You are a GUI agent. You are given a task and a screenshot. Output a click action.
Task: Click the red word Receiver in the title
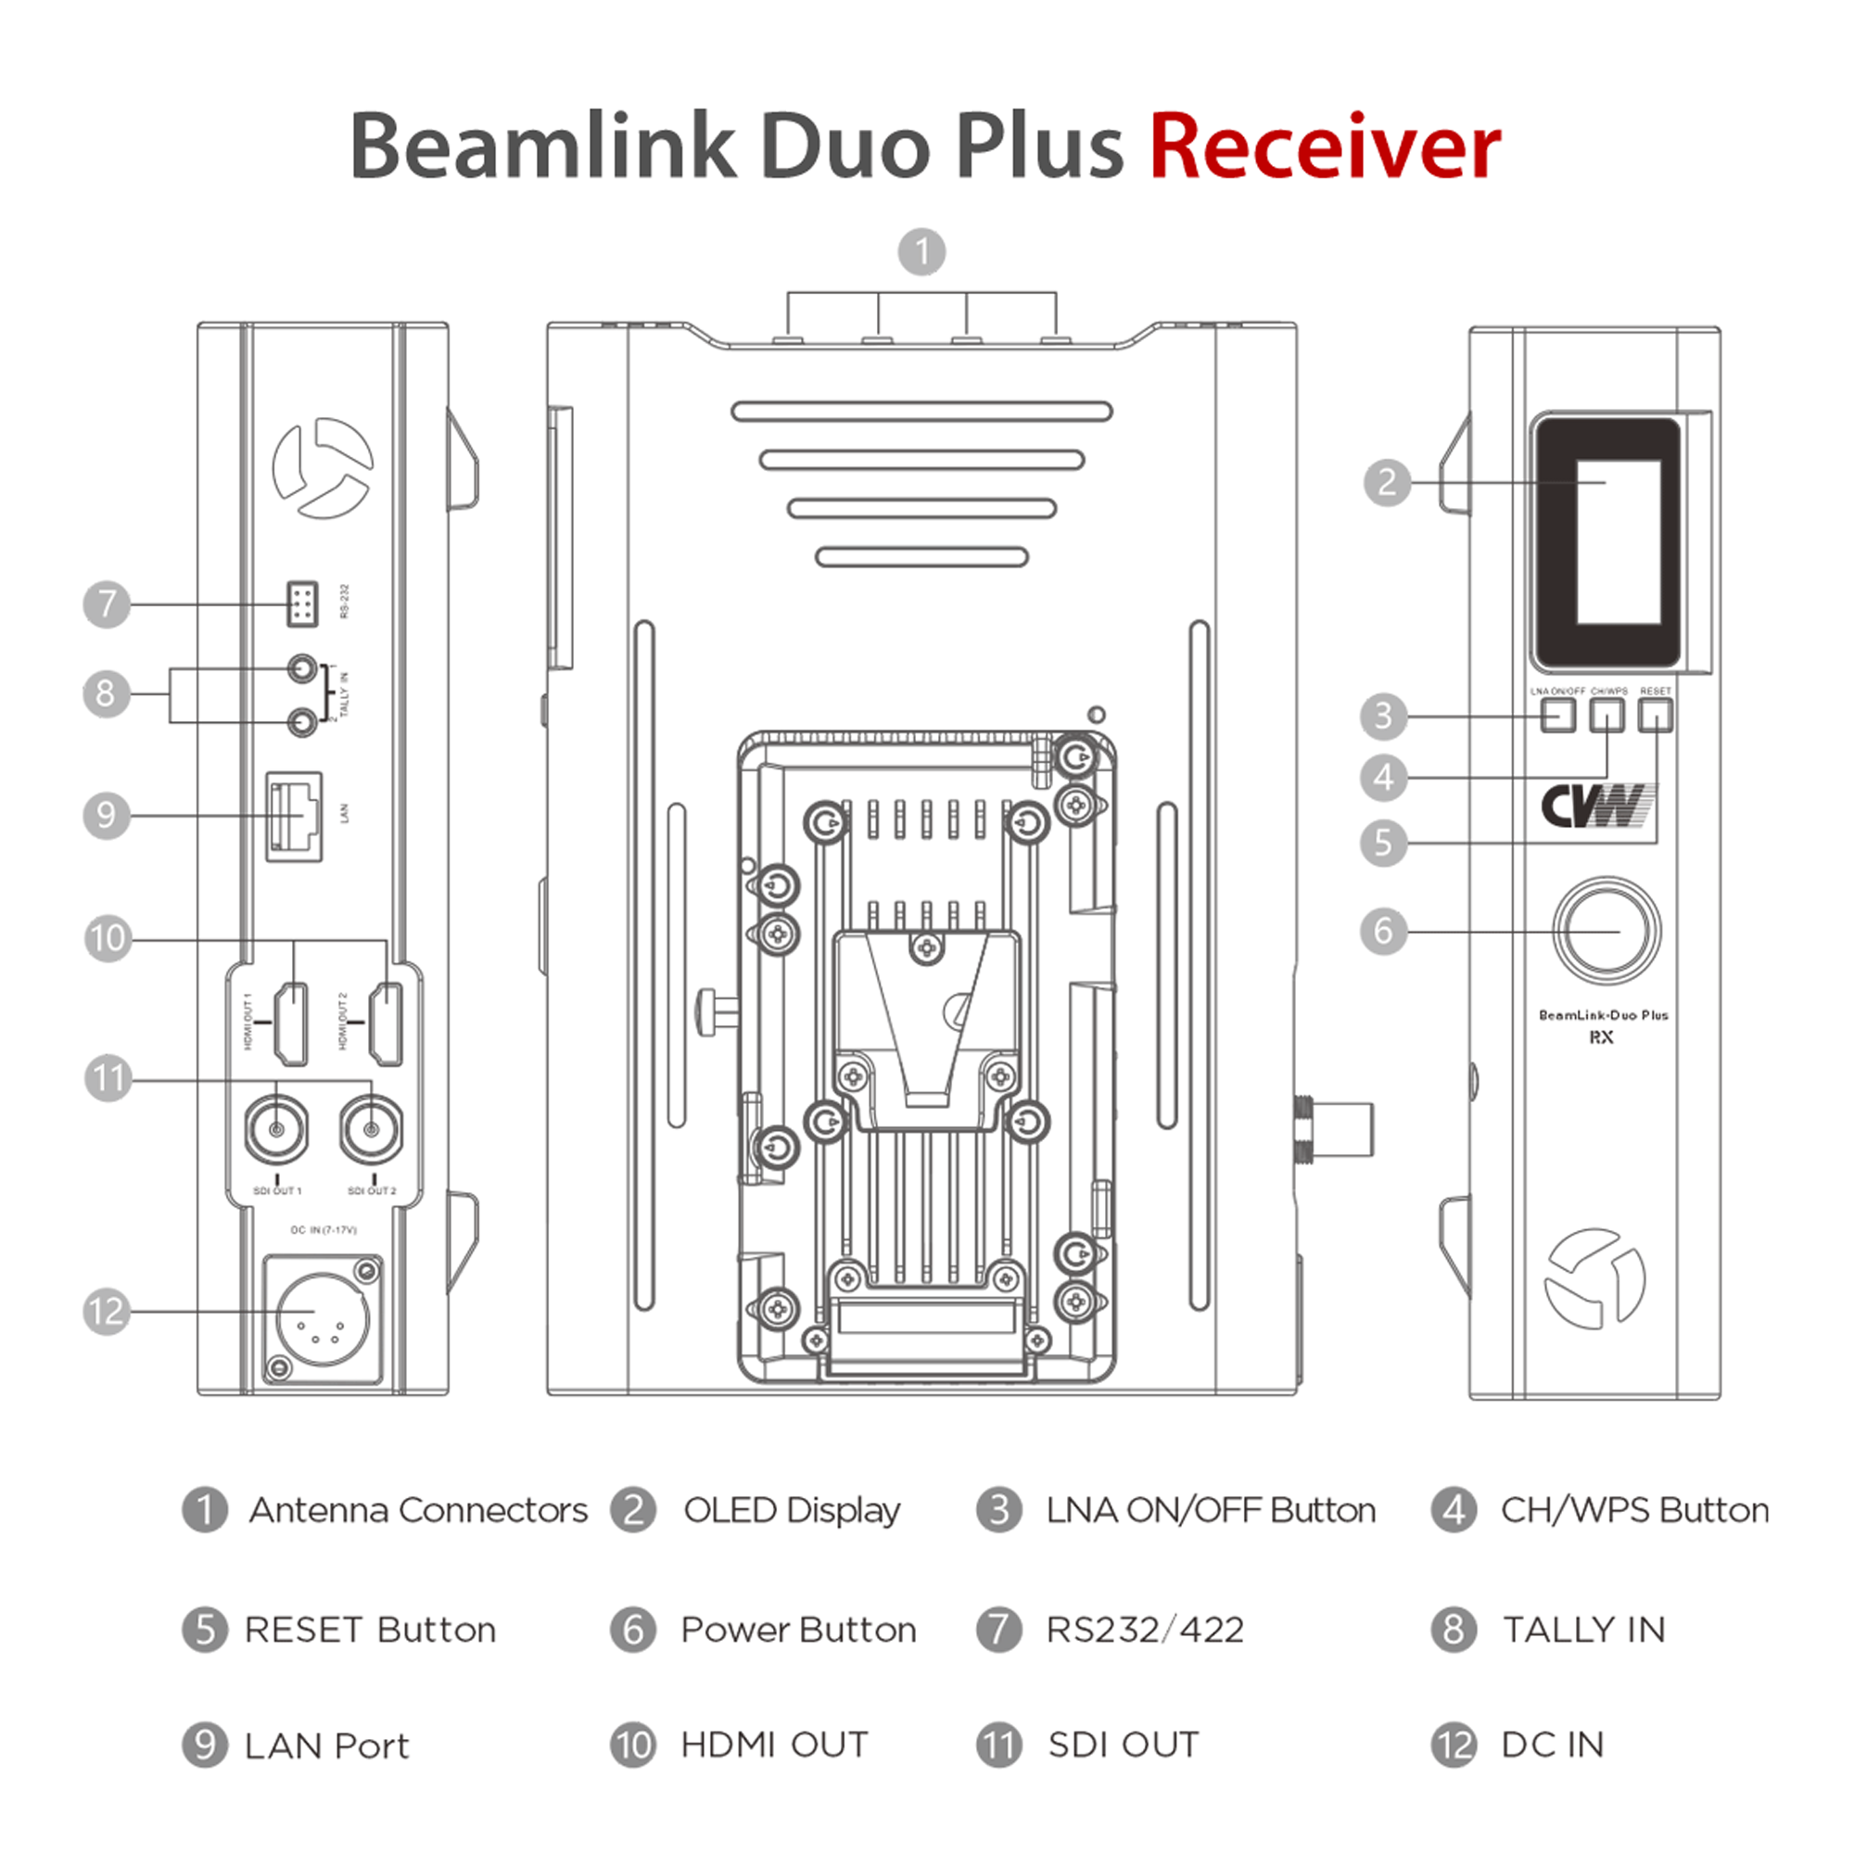click(x=1325, y=146)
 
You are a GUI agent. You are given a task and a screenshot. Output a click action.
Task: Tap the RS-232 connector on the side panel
click(x=301, y=603)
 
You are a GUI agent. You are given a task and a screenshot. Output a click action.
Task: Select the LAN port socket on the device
click(x=294, y=816)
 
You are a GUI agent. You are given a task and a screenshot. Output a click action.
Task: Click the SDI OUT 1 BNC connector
click(x=277, y=1130)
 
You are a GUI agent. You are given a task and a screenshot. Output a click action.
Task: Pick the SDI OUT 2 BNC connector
click(x=372, y=1130)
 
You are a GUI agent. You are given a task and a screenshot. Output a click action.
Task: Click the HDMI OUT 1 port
click(x=292, y=1024)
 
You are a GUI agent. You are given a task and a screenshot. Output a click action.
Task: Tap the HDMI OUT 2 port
click(x=387, y=1024)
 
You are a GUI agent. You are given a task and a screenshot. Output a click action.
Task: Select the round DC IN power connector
click(x=322, y=1319)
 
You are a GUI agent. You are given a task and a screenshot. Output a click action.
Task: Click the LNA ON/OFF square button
click(x=1557, y=715)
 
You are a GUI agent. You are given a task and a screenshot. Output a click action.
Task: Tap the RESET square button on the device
click(x=1656, y=715)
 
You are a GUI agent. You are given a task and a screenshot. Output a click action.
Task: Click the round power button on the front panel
click(x=1606, y=930)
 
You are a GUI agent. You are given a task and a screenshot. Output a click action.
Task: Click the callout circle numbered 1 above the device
click(x=921, y=251)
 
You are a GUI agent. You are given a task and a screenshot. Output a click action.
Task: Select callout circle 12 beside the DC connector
click(x=107, y=1311)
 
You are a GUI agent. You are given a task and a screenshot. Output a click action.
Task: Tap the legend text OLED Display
click(x=792, y=1510)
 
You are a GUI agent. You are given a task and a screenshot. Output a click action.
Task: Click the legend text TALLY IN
click(x=1583, y=1630)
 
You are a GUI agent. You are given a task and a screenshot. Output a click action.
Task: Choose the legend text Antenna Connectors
click(x=418, y=1510)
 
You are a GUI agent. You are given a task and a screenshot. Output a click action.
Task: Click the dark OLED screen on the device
click(x=1606, y=541)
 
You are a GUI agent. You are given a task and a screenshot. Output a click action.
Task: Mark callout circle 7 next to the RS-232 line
click(x=107, y=603)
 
